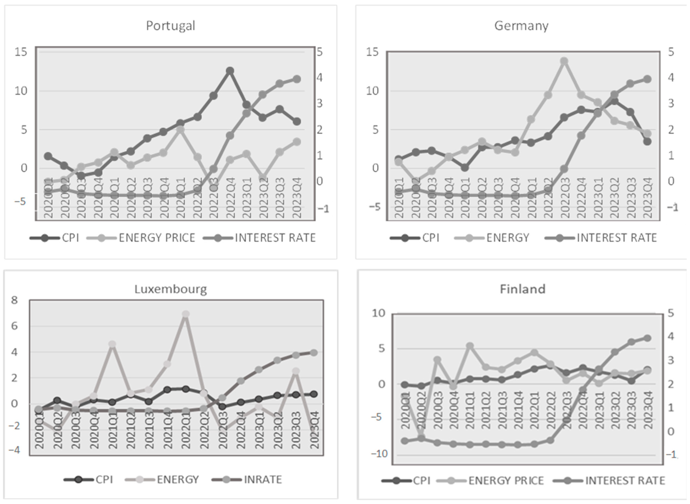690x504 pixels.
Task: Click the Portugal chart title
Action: click(x=170, y=26)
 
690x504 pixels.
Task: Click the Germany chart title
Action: click(x=521, y=26)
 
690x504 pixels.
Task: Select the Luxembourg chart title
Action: click(x=170, y=289)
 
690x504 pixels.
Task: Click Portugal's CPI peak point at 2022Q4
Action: click(x=230, y=71)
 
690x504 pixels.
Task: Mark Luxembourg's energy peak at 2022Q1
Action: click(x=186, y=314)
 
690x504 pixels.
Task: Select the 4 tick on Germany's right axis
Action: click(x=671, y=78)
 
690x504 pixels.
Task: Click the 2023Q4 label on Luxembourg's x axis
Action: click(x=314, y=430)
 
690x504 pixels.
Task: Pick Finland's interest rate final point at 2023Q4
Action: click(x=647, y=338)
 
